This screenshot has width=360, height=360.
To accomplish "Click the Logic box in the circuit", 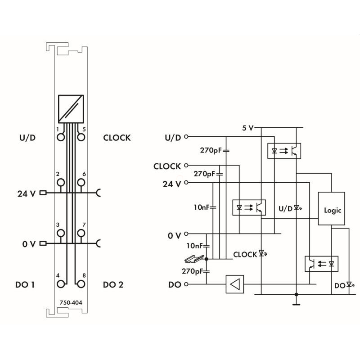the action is pos(331,208).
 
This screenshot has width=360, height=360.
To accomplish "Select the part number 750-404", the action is pos(71,302).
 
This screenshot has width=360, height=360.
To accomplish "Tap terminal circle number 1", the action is pos(61,137).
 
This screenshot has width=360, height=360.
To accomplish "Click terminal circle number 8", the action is pos(81,284).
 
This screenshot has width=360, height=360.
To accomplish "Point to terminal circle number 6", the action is pos(81,183).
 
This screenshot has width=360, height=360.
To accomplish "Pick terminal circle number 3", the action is pos(61,233).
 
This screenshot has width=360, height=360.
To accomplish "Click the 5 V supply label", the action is pos(248,128).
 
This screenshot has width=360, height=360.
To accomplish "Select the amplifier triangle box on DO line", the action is pos(234,284).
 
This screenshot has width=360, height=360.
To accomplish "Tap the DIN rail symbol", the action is pos(194,259).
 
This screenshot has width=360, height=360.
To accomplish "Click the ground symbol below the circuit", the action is pos(296,305).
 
